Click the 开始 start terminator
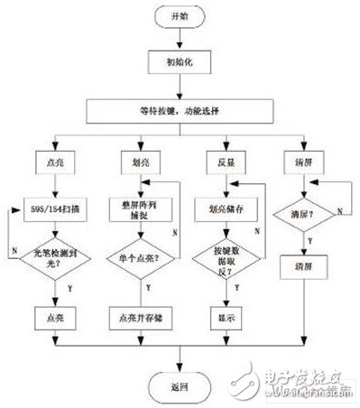coord(177,17)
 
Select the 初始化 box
coord(177,64)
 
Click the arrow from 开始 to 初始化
coord(177,40)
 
